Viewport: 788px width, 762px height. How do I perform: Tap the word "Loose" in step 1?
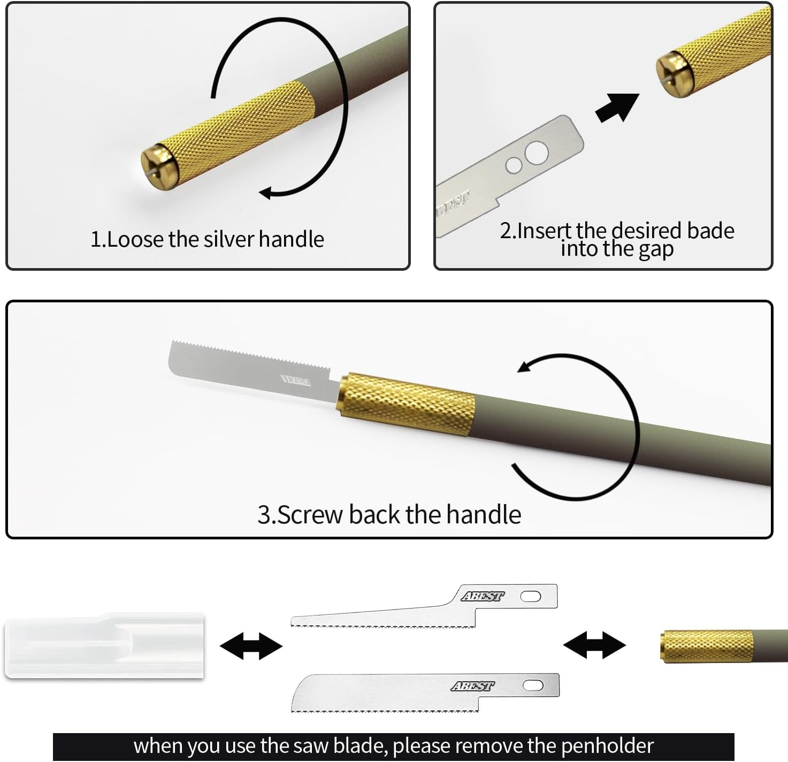click(x=135, y=239)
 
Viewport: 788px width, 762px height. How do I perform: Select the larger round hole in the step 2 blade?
click(x=537, y=153)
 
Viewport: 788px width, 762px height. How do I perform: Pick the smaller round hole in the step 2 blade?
click(x=514, y=165)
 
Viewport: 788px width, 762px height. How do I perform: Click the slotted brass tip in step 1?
click(x=158, y=167)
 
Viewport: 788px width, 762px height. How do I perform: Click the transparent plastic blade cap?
click(x=104, y=646)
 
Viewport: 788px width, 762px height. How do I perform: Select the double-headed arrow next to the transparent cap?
click(x=251, y=646)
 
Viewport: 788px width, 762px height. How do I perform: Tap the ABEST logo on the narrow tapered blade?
click(x=483, y=596)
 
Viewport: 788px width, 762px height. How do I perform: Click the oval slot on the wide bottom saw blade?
click(x=533, y=685)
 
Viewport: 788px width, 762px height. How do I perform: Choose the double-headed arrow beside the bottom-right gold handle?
click(x=594, y=644)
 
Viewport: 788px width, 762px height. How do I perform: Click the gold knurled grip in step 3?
click(x=407, y=405)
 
